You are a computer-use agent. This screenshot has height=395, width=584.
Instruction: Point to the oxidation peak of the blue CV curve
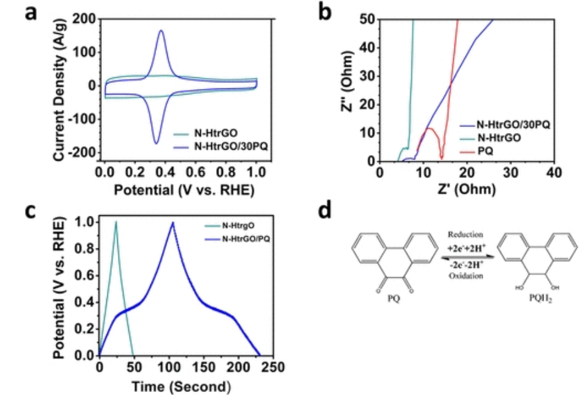coord(162,31)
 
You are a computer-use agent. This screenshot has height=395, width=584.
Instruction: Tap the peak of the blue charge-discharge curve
coord(173,223)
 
